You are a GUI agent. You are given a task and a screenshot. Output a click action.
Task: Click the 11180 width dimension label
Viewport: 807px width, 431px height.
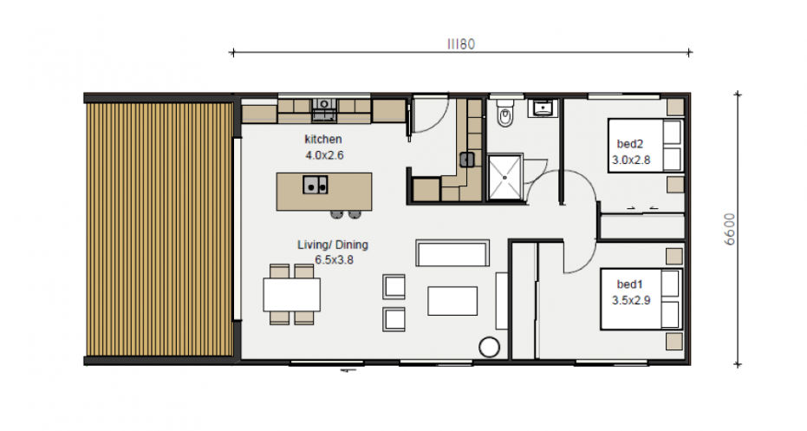(x=460, y=44)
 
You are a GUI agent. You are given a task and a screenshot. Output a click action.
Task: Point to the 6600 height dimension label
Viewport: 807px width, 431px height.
(x=730, y=229)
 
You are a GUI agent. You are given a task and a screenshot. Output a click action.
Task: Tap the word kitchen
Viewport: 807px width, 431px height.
(x=323, y=139)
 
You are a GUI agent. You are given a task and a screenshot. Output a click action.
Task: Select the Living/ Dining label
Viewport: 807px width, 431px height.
(x=333, y=245)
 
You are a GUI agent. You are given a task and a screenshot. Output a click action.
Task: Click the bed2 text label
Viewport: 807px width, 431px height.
(x=630, y=144)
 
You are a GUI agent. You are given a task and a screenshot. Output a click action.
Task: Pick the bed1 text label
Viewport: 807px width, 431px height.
(x=630, y=284)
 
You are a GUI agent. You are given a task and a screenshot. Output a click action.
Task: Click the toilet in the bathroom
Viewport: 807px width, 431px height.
(x=504, y=114)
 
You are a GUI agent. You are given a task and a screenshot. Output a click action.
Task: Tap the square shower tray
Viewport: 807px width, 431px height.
(x=504, y=177)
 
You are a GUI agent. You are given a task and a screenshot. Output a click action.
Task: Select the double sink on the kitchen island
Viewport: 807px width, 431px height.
(x=315, y=185)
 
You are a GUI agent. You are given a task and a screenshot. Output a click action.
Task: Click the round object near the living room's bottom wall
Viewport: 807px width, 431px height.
(x=489, y=347)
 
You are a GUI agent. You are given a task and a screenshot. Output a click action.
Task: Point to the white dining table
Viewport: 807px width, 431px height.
(x=292, y=295)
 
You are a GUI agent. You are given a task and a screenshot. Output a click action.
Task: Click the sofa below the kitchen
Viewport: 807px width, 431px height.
(x=452, y=253)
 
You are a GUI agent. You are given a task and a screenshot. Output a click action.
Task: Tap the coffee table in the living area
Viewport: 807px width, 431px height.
(x=452, y=301)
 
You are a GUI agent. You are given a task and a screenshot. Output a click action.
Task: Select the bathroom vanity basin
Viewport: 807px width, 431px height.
(x=543, y=108)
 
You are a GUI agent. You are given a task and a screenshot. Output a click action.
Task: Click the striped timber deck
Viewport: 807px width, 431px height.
(x=159, y=229)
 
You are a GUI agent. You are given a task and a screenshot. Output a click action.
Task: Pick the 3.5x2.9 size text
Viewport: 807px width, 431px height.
(x=631, y=301)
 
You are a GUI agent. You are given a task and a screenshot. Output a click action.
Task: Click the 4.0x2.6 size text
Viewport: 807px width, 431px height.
(x=324, y=155)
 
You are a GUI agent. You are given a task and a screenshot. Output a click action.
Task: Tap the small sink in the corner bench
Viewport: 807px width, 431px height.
(x=467, y=160)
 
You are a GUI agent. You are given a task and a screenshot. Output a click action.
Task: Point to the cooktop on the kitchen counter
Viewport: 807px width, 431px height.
(x=323, y=111)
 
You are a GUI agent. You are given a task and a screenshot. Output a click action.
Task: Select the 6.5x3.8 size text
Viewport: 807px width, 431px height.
(x=334, y=260)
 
